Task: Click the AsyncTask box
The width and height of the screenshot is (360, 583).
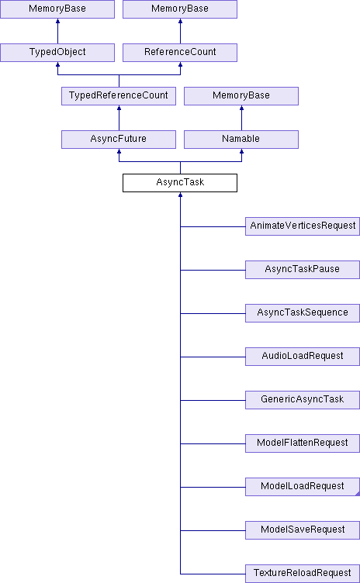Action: (x=180, y=183)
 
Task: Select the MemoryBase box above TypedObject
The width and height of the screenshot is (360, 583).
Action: (x=57, y=9)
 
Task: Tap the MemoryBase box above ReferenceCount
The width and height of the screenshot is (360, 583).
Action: (x=180, y=9)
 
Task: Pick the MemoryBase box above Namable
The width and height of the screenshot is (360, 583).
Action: (x=241, y=96)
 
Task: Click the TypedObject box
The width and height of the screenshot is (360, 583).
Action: (x=57, y=53)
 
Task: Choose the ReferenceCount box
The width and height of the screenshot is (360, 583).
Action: (x=180, y=53)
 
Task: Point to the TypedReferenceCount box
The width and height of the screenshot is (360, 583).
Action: (x=119, y=96)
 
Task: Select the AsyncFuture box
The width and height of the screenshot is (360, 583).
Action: (x=119, y=140)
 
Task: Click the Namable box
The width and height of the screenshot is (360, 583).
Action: (x=241, y=140)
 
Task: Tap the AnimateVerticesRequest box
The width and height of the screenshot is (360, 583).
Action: (x=303, y=226)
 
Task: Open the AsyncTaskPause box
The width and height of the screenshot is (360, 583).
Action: (x=303, y=270)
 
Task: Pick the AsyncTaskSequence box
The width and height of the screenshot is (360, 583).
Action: (x=303, y=313)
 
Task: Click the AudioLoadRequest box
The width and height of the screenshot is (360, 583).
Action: (x=303, y=357)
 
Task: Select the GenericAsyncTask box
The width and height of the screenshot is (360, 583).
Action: (x=303, y=400)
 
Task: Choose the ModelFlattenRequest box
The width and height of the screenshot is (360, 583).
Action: (x=303, y=443)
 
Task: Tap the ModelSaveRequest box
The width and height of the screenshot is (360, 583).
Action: (x=303, y=530)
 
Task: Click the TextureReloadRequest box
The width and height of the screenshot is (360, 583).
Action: (x=303, y=574)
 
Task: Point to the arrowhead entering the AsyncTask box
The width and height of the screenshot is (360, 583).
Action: (x=180, y=195)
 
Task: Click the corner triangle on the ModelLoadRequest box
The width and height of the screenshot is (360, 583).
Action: (x=358, y=493)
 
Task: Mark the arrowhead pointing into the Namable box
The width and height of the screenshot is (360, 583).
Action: (x=241, y=151)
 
